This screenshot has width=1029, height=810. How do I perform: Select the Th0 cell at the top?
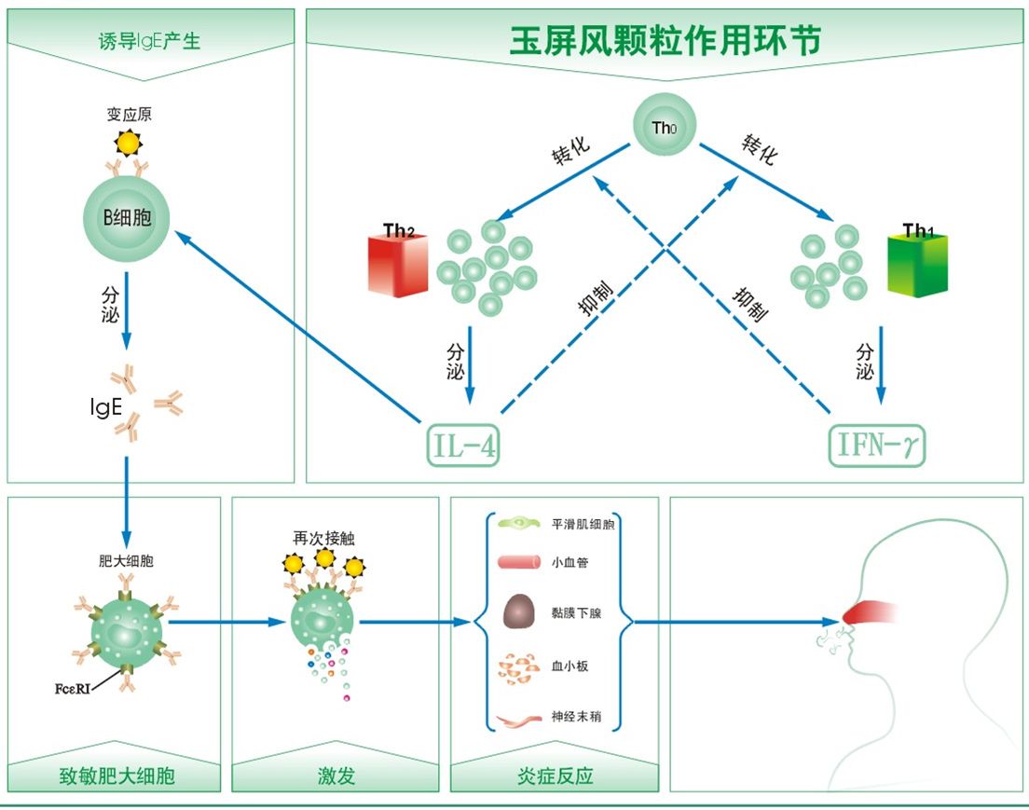[x=665, y=125]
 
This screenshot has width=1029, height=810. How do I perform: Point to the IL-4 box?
[x=463, y=446]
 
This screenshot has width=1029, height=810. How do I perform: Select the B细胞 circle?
[x=126, y=218]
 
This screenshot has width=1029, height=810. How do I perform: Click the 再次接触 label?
[x=323, y=538]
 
